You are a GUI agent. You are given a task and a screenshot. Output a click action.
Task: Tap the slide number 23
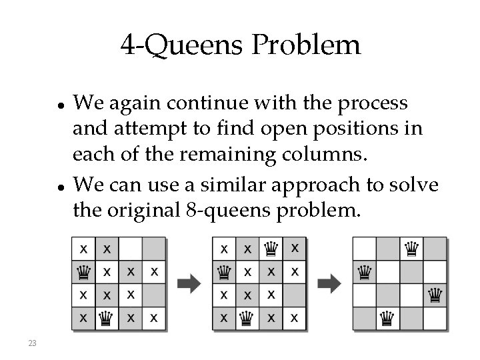click(31, 343)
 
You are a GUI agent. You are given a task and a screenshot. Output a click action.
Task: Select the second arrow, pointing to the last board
click(329, 283)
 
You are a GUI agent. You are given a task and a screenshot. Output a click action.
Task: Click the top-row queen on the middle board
click(271, 249)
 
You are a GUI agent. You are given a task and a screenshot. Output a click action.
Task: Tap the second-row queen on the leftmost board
click(84, 271)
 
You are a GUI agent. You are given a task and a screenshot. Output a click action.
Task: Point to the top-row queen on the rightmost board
click(411, 249)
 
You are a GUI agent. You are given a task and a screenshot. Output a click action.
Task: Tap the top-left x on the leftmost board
click(84, 249)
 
